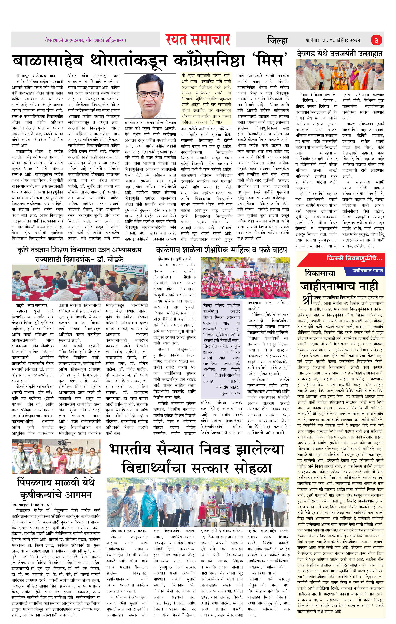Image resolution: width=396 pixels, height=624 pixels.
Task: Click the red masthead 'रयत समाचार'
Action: pos(198,40)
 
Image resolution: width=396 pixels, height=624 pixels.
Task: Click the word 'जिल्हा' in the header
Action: pos(277,41)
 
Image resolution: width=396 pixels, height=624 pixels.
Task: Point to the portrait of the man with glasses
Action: pos(149,96)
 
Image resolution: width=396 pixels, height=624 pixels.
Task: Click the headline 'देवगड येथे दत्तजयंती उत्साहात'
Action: pos(340,54)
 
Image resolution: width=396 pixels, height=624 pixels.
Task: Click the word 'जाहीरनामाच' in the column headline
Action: pos(328,287)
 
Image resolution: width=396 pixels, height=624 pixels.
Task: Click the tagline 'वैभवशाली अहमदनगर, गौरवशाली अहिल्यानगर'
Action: pos(85,40)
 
